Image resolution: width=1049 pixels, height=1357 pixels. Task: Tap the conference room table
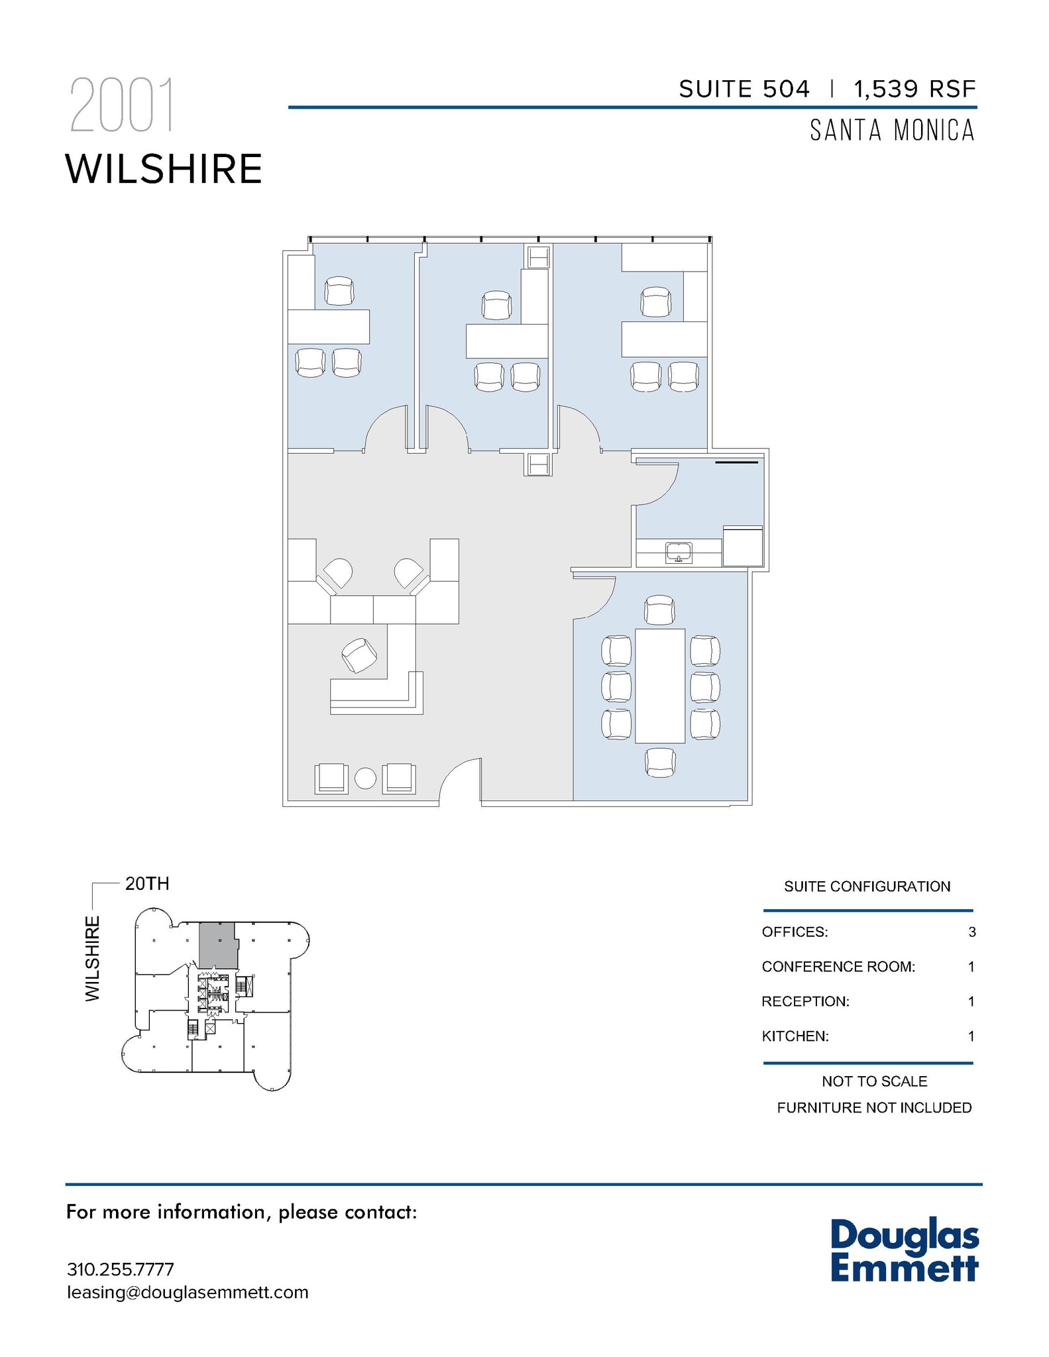pyautogui.click(x=659, y=686)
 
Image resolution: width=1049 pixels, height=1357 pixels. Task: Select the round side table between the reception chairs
pyautogui.click(x=365, y=778)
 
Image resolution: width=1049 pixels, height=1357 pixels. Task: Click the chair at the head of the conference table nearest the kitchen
pyautogui.click(x=660, y=610)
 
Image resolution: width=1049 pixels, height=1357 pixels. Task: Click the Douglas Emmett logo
pyautogui.click(x=904, y=1250)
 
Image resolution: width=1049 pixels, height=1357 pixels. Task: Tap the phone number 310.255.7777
pyautogui.click(x=121, y=1270)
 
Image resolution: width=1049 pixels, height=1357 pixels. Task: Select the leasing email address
pyautogui.click(x=188, y=1293)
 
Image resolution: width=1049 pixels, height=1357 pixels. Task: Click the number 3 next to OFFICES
pyautogui.click(x=971, y=932)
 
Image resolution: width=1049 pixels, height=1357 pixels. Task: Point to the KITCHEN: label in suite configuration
pyautogui.click(x=795, y=1036)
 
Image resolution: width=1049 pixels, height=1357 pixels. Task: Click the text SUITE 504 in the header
pyautogui.click(x=744, y=89)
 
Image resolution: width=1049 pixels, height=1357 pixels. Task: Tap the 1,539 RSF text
pyautogui.click(x=914, y=89)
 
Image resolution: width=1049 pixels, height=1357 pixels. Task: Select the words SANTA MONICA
pyautogui.click(x=892, y=131)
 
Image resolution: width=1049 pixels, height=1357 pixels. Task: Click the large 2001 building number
pyautogui.click(x=122, y=106)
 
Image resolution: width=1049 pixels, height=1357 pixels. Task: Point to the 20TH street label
pyautogui.click(x=147, y=884)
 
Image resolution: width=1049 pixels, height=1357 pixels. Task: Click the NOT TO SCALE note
pyautogui.click(x=874, y=1081)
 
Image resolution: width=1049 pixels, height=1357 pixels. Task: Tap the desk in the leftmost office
pyautogui.click(x=329, y=327)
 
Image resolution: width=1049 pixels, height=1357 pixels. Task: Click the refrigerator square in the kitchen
pyautogui.click(x=743, y=546)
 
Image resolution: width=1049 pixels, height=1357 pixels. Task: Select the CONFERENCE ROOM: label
pyautogui.click(x=838, y=967)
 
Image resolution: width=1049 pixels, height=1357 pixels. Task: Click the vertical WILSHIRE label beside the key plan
pyautogui.click(x=93, y=958)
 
